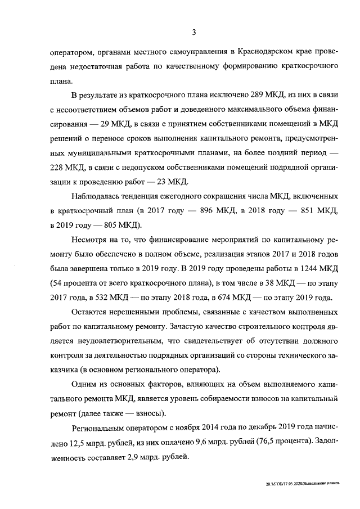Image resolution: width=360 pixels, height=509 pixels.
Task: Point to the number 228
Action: (x=82, y=166)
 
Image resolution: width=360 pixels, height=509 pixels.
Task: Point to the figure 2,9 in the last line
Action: (x=148, y=457)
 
